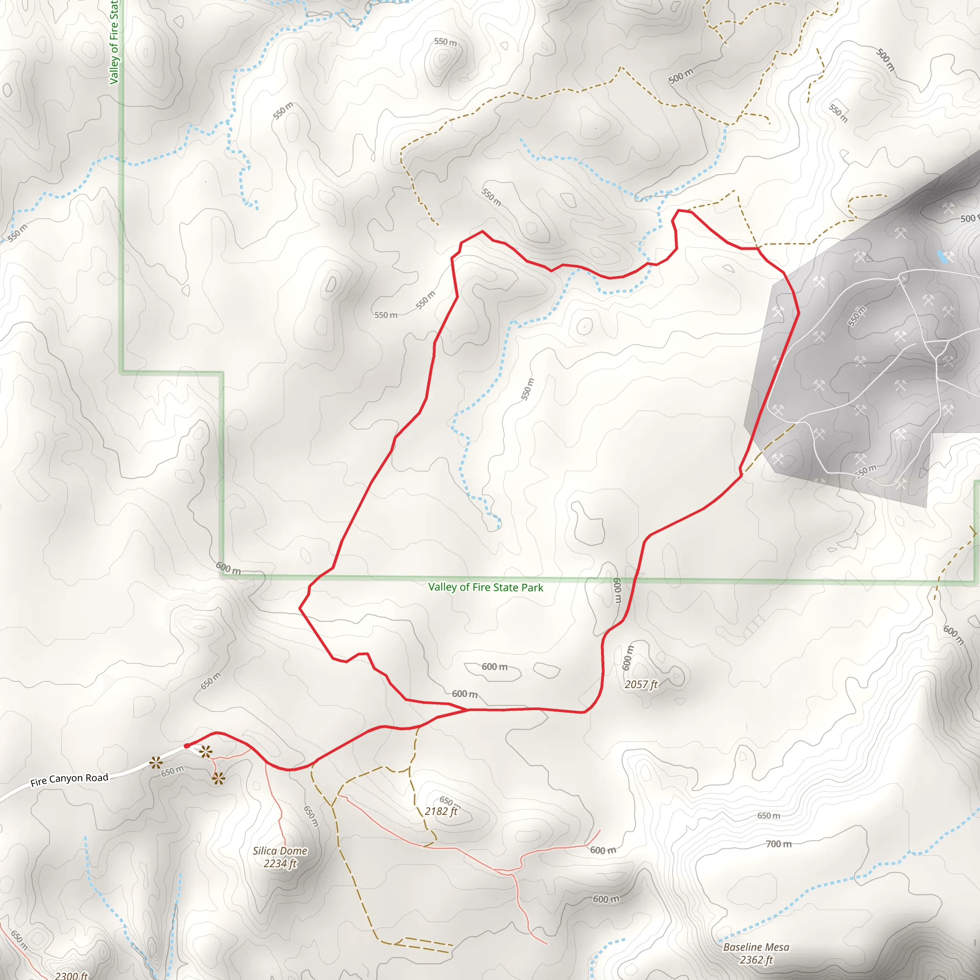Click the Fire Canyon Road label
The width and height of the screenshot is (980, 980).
pyautogui.click(x=69, y=779)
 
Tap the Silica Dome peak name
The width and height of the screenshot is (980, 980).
pyautogui.click(x=280, y=851)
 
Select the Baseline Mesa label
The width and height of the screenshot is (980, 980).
pyautogui.click(x=756, y=947)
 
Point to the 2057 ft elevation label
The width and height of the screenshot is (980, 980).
pyautogui.click(x=641, y=684)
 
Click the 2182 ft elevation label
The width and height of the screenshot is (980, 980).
pyautogui.click(x=441, y=811)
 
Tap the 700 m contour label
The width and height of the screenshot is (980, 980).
pyautogui.click(x=778, y=844)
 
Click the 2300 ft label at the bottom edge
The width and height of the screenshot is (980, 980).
pyautogui.click(x=71, y=975)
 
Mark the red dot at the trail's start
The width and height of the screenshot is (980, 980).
pyautogui.click(x=187, y=746)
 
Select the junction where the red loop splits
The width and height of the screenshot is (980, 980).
pyautogui.click(x=468, y=710)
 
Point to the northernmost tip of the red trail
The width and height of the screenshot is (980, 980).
pyautogui.click(x=678, y=210)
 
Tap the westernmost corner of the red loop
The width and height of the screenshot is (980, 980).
pyautogui.click(x=300, y=608)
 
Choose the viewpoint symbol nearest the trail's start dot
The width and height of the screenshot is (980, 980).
pyautogui.click(x=205, y=752)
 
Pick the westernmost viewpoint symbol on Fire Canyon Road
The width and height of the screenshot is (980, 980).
pyautogui.click(x=155, y=762)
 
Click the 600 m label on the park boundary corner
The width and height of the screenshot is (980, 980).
pyautogui.click(x=228, y=568)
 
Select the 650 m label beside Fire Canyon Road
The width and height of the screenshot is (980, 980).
pyautogui.click(x=172, y=771)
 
